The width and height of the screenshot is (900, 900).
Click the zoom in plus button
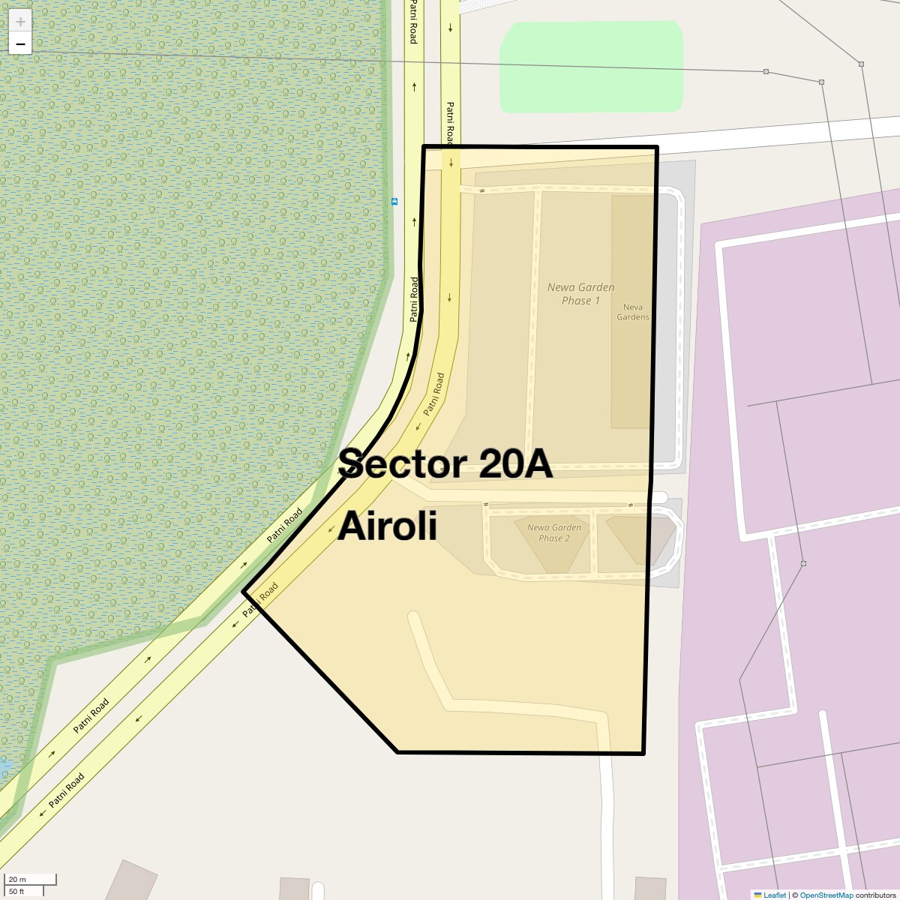click(x=20, y=22)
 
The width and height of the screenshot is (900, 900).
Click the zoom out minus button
click(x=20, y=44)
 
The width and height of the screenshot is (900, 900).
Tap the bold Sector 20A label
click(x=445, y=464)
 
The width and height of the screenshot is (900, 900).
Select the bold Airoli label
click(x=387, y=526)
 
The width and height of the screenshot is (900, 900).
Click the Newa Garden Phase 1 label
click(x=580, y=293)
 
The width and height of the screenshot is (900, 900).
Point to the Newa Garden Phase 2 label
click(x=553, y=532)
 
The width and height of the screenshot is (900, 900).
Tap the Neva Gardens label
click(x=632, y=312)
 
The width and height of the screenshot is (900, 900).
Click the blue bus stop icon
click(x=394, y=202)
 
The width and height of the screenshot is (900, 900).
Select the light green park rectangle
click(x=591, y=67)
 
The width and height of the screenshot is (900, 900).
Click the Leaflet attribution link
click(x=774, y=895)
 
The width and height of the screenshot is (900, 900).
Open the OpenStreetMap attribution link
click(x=826, y=895)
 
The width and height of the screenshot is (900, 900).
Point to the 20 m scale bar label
click(x=17, y=880)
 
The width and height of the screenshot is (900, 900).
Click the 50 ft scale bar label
click(x=17, y=891)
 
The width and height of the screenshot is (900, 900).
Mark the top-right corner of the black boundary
click(x=657, y=147)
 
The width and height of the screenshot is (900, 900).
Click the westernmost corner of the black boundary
click(x=243, y=592)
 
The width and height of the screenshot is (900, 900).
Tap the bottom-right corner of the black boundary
click(x=643, y=753)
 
